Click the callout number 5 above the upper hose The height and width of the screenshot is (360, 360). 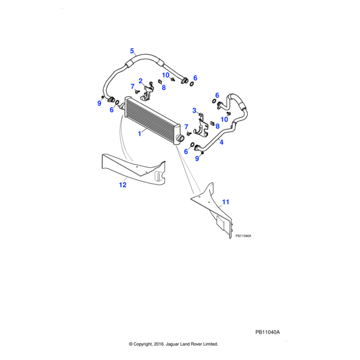(x=133, y=50)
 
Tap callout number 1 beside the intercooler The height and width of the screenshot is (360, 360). (x=140, y=134)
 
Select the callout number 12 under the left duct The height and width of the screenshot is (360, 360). (x=122, y=185)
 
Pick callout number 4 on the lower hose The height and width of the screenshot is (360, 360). (x=221, y=143)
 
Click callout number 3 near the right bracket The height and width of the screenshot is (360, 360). (x=194, y=110)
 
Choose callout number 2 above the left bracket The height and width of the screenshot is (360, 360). (x=140, y=81)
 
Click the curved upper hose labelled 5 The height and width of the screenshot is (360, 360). (x=144, y=59)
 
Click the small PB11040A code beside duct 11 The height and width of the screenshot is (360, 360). (x=243, y=236)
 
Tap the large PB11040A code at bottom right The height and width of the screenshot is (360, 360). (x=268, y=332)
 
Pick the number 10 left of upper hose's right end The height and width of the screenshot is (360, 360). (x=166, y=75)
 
